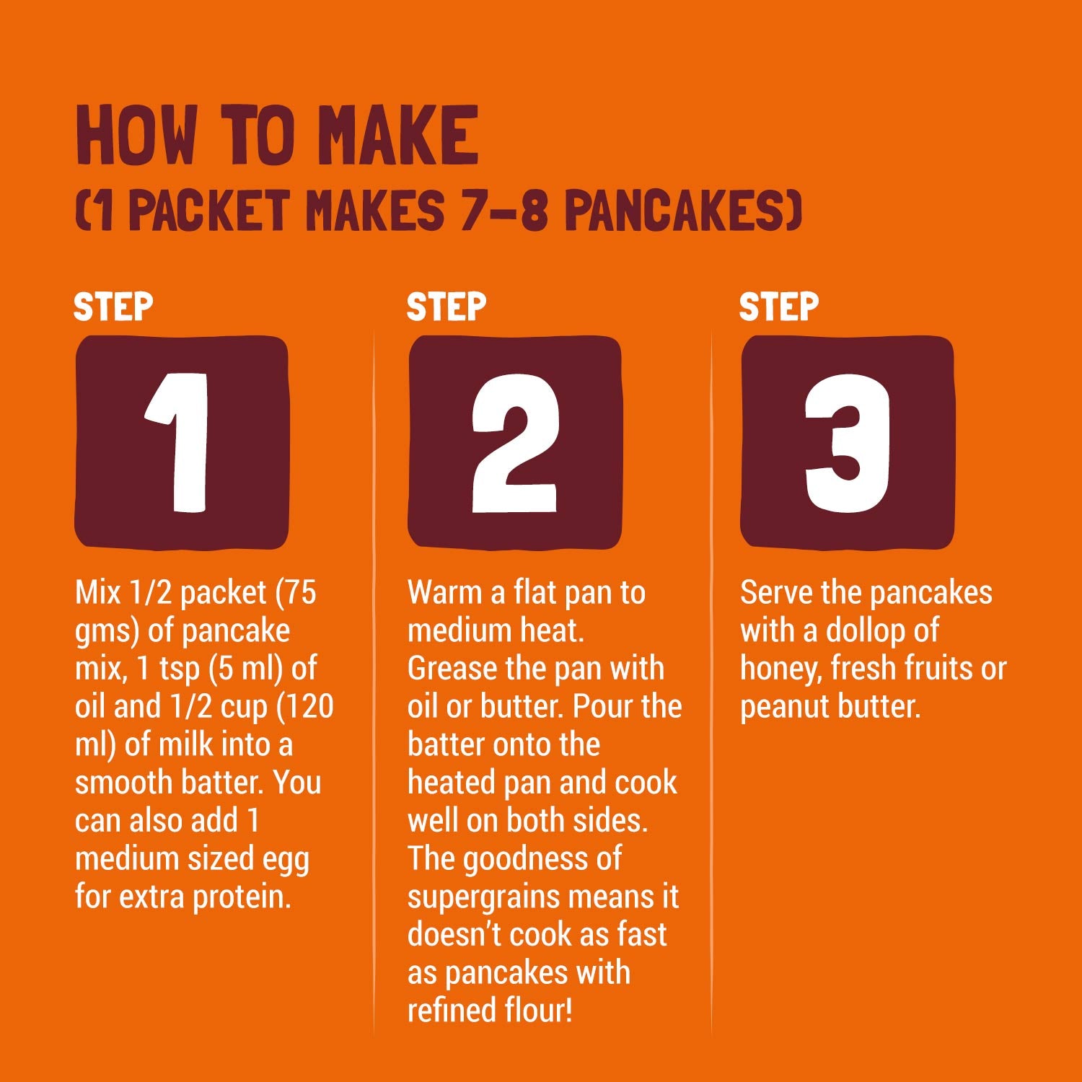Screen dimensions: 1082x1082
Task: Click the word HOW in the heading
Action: click(x=136, y=135)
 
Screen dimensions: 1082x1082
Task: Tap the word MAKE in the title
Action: click(x=399, y=135)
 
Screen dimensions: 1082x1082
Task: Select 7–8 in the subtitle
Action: click(x=504, y=210)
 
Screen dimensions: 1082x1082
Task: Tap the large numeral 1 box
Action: click(x=182, y=442)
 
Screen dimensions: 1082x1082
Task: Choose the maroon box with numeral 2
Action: click(x=515, y=442)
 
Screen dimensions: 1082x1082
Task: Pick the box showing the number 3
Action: click(x=848, y=442)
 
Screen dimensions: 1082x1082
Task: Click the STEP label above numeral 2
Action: click(x=447, y=307)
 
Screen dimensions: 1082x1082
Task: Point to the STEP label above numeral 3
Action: click(x=779, y=307)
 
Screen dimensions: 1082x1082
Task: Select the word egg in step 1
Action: click(x=287, y=861)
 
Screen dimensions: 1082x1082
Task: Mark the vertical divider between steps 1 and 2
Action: click(x=374, y=682)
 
